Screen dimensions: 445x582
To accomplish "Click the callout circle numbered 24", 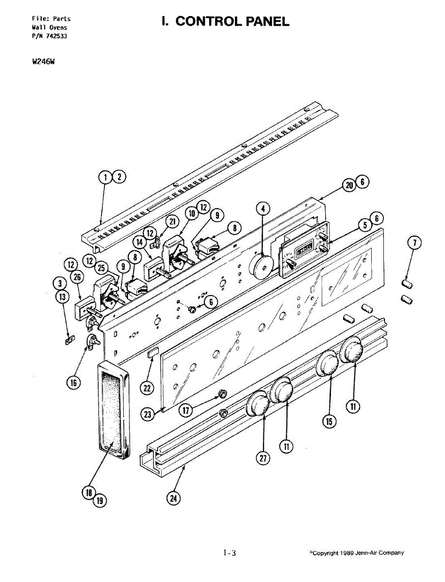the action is pos(173,499).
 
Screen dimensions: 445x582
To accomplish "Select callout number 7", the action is pos(414,243).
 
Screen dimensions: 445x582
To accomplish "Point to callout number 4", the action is pos(263,209).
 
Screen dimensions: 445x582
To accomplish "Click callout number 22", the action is pos(147,388).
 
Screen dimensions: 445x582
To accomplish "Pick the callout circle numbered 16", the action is pos(73,383).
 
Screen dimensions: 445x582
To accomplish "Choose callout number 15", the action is pos(329,421).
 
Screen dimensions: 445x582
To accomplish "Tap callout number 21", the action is pos(172,222).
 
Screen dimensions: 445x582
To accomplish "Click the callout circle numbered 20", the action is pos(349,185).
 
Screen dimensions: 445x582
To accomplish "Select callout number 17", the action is pos(186,410).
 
